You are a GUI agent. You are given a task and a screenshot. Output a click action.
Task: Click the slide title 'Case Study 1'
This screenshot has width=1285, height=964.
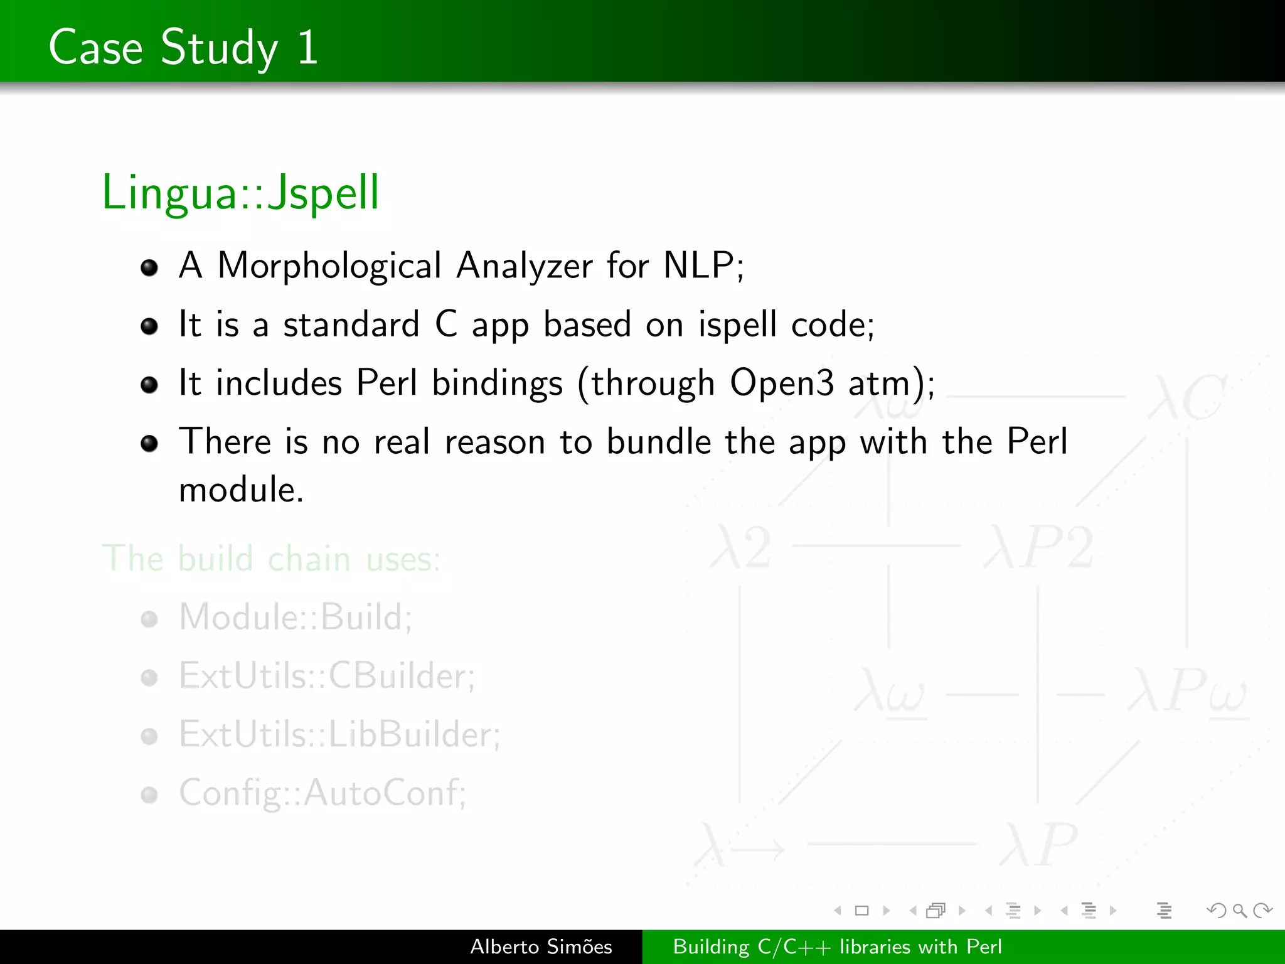[x=183, y=47]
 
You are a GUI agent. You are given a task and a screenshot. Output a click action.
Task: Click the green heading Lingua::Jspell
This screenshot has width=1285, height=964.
[x=240, y=193]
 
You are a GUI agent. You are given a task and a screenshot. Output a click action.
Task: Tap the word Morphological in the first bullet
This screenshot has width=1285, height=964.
[x=329, y=265]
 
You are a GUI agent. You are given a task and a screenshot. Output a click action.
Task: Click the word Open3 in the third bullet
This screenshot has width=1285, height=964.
[x=782, y=383]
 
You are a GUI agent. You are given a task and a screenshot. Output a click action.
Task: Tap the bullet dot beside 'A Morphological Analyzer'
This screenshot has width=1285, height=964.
[x=149, y=268]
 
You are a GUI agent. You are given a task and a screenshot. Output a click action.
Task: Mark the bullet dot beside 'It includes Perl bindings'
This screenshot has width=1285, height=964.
[x=149, y=385]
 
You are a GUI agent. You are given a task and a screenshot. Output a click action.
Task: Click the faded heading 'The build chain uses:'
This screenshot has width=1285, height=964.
[x=271, y=558]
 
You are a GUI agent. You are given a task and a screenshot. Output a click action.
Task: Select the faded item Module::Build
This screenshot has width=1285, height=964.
[x=295, y=617]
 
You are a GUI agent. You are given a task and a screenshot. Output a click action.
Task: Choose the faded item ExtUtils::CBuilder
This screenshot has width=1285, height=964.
[x=327, y=676]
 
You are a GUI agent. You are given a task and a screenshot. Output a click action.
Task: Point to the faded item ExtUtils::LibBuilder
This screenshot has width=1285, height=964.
[x=339, y=734]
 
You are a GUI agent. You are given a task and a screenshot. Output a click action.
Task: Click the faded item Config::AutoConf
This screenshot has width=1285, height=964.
[x=323, y=793]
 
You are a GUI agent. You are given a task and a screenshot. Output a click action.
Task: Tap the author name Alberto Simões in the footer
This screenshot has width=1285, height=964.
[x=541, y=946]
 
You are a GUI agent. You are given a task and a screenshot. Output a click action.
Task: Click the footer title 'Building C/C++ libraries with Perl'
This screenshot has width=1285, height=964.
[x=837, y=946]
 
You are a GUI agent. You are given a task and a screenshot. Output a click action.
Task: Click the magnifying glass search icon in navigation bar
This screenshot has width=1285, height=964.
[x=1239, y=910]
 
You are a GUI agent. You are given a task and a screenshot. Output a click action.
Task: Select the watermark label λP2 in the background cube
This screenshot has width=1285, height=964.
[x=1039, y=547]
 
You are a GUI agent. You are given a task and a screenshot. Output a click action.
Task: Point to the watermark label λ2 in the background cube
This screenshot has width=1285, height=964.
[x=740, y=547]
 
